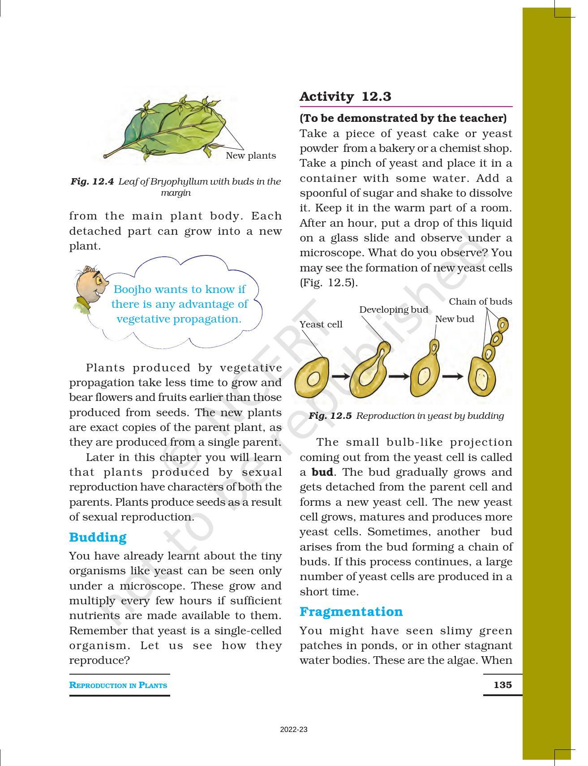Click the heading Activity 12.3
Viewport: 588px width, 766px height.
(345, 97)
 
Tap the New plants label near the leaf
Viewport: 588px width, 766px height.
(250, 155)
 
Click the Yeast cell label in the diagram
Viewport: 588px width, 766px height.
(321, 324)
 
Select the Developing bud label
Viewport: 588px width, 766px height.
(393, 310)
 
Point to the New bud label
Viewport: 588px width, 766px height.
(454, 319)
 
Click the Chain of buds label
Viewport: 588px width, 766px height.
(480, 301)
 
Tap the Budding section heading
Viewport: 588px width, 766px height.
(98, 537)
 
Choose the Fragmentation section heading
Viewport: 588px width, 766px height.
(351, 611)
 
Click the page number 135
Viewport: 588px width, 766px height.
(502, 685)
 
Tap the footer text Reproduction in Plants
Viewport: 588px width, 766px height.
(118, 685)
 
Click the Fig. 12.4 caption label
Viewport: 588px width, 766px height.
(92, 181)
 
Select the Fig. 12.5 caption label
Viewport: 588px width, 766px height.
(330, 416)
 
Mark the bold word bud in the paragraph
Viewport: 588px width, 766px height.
(322, 472)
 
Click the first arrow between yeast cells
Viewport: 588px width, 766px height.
(340, 376)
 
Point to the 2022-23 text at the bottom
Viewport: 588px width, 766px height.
(294, 729)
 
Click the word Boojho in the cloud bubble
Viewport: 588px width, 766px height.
(134, 289)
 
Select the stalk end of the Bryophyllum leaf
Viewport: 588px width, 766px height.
(106, 156)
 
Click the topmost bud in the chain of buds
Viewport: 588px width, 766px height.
(503, 323)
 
